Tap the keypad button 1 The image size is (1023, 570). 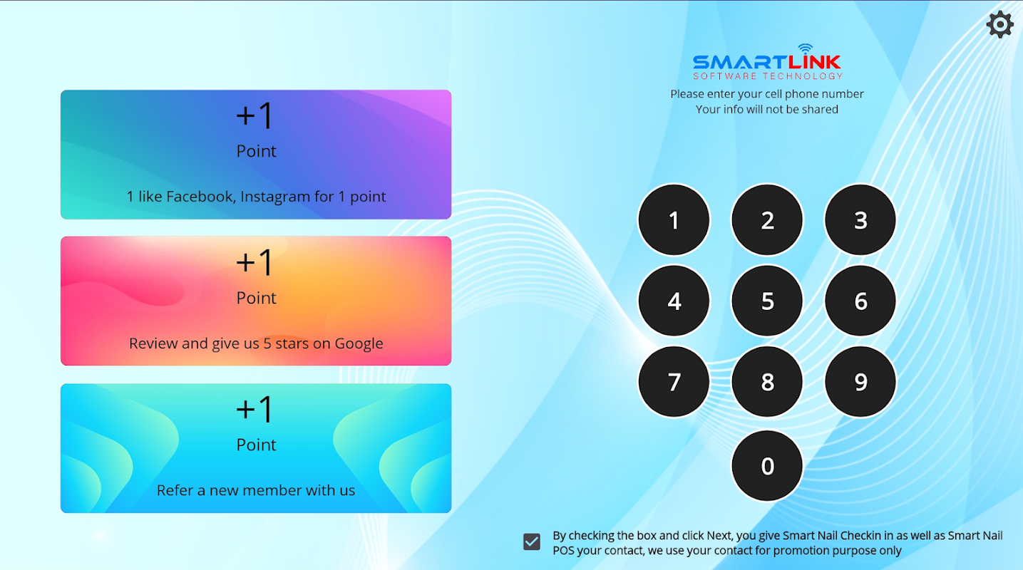coord(674,220)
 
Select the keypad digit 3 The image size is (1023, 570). coord(860,220)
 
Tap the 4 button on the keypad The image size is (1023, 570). coord(674,301)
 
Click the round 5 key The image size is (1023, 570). coord(767,301)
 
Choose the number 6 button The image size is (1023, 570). coord(860,301)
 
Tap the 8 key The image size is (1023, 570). coord(767,381)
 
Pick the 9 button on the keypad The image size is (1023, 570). coord(860,381)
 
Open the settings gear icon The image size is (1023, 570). coord(999,25)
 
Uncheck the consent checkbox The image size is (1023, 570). coord(532,541)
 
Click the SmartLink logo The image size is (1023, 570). coord(767,62)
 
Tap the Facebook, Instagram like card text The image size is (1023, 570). coord(256,197)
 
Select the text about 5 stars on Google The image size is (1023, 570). coord(256,343)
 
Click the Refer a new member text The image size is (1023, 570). coord(256,490)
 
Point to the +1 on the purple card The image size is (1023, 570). coord(255,115)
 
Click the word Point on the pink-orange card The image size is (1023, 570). coord(256,298)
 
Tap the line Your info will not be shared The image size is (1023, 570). coord(767,110)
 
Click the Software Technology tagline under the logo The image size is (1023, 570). coord(768,76)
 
